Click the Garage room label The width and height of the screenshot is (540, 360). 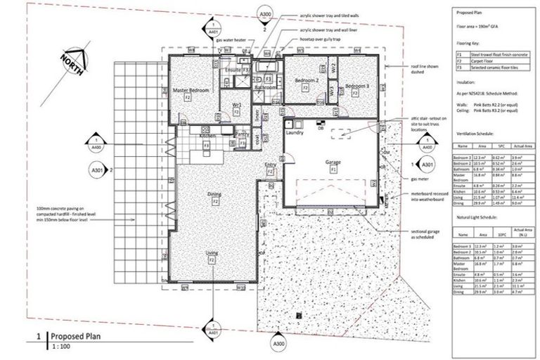pyautogui.click(x=333, y=162)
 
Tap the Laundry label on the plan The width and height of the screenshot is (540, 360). pyautogui.click(x=294, y=131)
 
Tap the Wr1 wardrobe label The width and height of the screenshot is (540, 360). pyautogui.click(x=238, y=105)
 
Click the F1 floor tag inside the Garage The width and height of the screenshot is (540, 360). pyautogui.click(x=333, y=169)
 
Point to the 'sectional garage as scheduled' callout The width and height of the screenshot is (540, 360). pyautogui.click(x=429, y=235)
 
